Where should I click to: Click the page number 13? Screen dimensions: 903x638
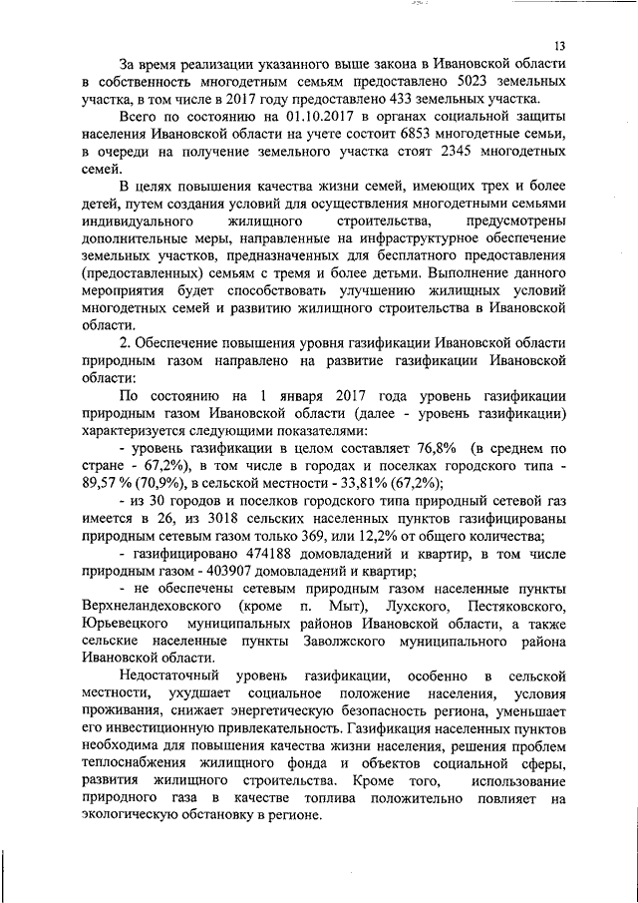[559, 46]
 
